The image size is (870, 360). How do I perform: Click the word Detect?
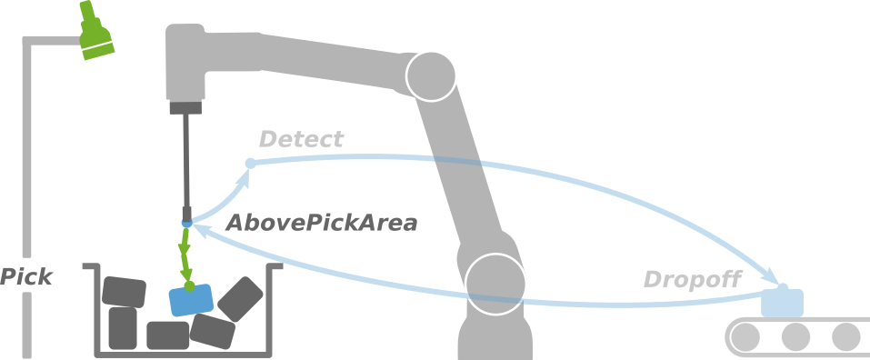301,139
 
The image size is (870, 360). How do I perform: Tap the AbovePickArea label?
321,223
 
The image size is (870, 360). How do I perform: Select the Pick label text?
25,277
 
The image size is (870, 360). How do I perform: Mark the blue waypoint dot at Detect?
251,163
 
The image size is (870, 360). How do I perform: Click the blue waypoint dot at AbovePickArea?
186,224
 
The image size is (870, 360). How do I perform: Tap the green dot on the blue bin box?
189,285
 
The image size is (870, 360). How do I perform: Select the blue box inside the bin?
191,300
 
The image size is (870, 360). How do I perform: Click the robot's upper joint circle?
431,75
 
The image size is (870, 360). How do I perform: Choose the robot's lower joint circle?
495,283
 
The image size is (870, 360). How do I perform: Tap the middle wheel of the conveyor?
795,337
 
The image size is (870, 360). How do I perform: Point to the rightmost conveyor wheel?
845,337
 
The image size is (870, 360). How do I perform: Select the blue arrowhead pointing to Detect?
241,178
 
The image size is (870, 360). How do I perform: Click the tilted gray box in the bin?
240,298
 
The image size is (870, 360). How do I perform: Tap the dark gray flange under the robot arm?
185,108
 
